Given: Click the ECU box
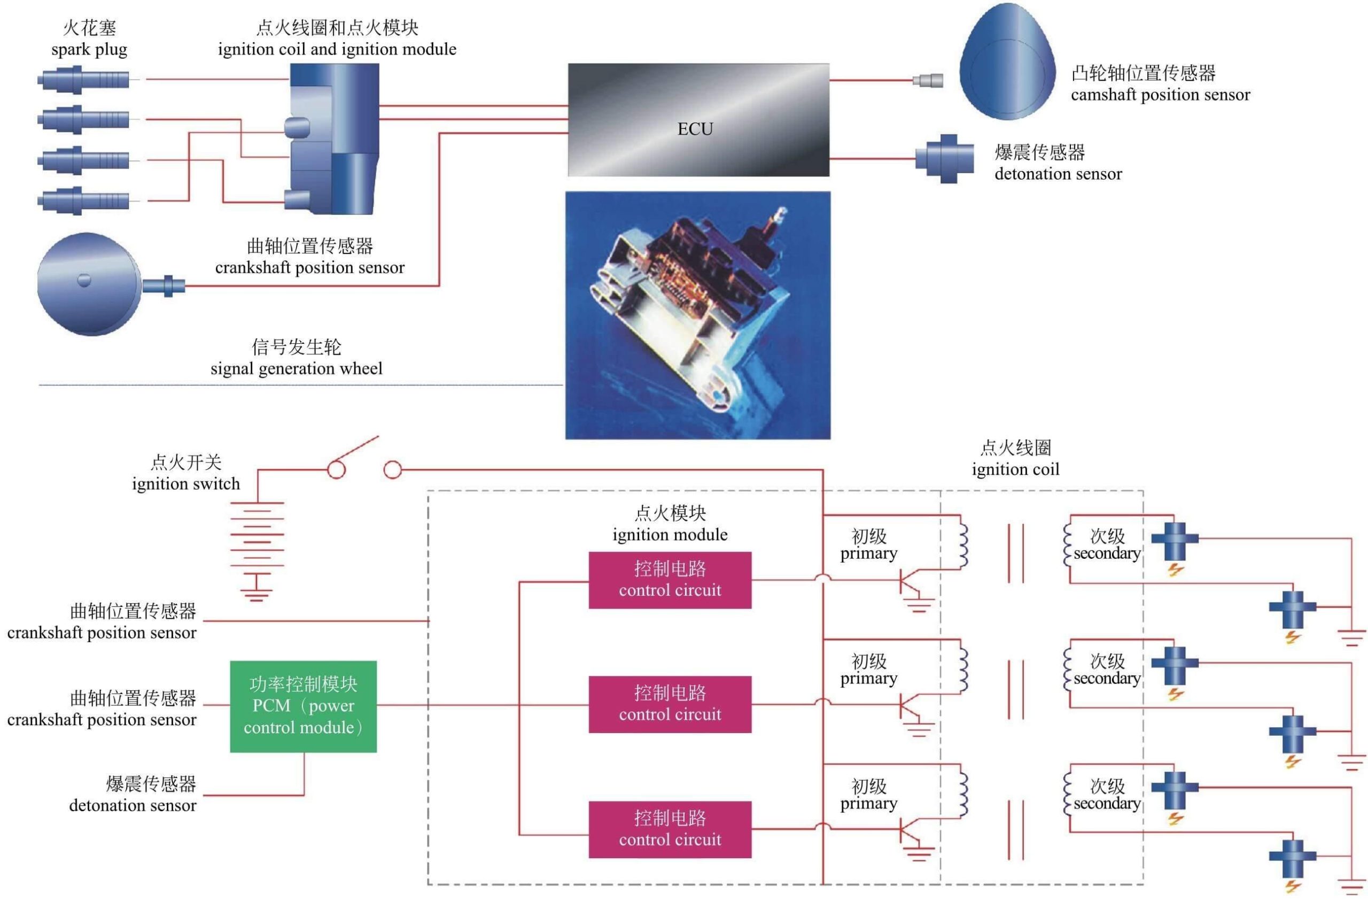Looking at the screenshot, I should [698, 120].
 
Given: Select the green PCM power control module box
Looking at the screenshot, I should [303, 706].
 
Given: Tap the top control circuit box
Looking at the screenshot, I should [670, 580].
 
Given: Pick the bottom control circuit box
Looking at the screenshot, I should [670, 829].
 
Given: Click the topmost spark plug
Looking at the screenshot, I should [84, 79].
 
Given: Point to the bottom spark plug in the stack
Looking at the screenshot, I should [84, 201].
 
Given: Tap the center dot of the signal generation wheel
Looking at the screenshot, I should [84, 280].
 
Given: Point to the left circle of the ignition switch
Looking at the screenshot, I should [336, 470].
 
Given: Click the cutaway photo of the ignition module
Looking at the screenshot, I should [697, 315].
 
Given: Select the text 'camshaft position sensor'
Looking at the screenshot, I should [1160, 95].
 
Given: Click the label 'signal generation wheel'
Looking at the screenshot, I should [296, 368].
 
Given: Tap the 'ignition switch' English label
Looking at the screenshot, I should [185, 484].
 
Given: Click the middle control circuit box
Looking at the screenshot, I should [670, 704].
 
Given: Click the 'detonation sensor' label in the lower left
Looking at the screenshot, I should [132, 805].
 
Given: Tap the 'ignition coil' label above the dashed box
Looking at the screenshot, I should [1015, 469].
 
